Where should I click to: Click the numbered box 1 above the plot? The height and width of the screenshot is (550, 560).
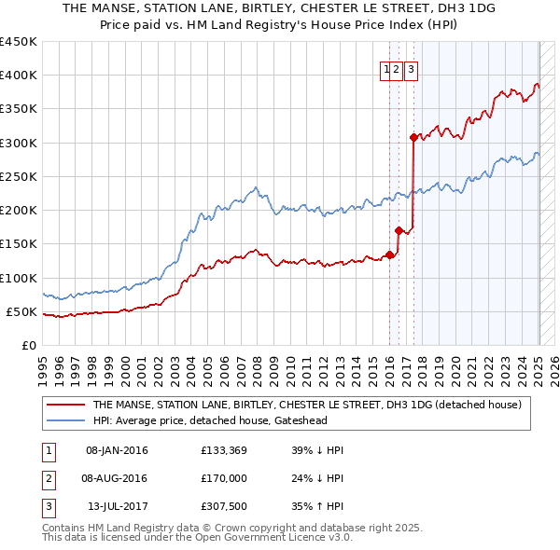(385, 67)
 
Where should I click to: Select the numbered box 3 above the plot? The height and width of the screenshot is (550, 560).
(411, 67)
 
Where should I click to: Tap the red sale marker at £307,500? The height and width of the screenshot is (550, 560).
(413, 137)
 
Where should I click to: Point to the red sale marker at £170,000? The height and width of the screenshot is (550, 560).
(399, 230)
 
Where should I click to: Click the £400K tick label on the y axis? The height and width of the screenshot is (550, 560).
(19, 76)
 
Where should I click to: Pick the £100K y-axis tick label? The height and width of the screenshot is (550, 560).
(19, 278)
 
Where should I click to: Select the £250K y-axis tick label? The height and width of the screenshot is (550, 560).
(19, 176)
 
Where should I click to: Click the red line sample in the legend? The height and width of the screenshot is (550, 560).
(65, 405)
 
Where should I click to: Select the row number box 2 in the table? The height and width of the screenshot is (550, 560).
(47, 480)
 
